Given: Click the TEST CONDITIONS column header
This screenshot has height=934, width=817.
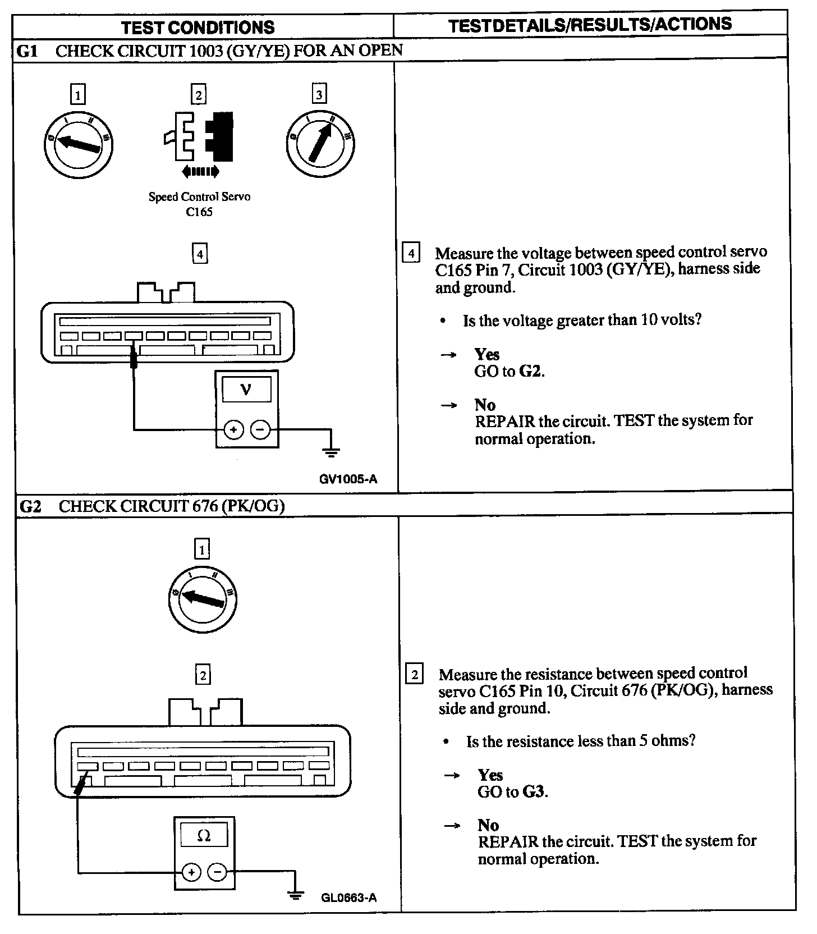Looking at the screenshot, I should tap(198, 27).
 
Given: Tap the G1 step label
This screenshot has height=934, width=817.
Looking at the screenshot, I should tap(27, 51).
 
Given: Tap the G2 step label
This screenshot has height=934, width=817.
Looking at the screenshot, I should tap(30, 506).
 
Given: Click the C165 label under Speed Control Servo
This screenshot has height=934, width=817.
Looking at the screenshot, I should tap(199, 212).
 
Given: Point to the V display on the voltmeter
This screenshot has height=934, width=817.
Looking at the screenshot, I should tap(246, 389).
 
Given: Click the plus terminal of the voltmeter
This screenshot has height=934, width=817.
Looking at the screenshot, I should tap(233, 431).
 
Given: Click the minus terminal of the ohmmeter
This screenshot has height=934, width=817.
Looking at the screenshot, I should tap(217, 872).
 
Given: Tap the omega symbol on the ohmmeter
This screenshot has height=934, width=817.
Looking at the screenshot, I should tap(204, 836).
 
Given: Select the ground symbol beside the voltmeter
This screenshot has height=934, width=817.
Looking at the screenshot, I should tap(332, 450).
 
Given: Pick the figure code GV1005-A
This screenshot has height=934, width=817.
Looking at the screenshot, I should tap(348, 479).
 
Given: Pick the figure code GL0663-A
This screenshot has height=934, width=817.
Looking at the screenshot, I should tap(348, 898).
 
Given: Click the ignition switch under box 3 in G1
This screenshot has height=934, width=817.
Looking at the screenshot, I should tap(319, 143).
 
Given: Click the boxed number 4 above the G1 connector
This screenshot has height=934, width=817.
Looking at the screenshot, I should tap(200, 254).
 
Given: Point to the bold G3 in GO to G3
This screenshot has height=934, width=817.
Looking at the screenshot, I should tap(534, 792).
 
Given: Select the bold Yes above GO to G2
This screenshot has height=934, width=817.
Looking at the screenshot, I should tap(486, 354).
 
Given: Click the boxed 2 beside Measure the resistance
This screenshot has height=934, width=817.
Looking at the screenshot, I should tap(415, 674).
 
